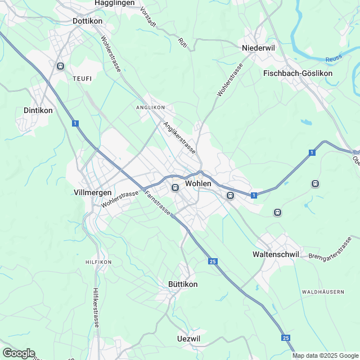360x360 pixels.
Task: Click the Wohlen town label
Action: click(x=198, y=183)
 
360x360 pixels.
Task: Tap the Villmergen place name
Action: click(x=93, y=192)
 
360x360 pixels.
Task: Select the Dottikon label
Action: click(x=87, y=21)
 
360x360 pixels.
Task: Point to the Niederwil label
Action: click(x=258, y=48)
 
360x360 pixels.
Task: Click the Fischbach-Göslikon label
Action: click(x=298, y=73)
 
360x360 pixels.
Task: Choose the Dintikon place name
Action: click(x=38, y=110)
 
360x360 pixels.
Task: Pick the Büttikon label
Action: click(x=183, y=284)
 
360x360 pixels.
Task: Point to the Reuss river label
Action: click(x=334, y=59)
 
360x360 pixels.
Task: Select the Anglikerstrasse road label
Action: click(x=179, y=138)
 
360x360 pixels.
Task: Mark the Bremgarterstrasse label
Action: click(x=330, y=248)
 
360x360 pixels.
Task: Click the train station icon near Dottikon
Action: click(x=60, y=66)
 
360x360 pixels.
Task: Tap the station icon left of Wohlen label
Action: click(x=175, y=187)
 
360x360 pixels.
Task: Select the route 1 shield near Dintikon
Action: click(x=75, y=123)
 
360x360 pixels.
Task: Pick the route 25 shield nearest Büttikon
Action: click(x=212, y=262)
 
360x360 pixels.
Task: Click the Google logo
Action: click(x=19, y=353)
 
